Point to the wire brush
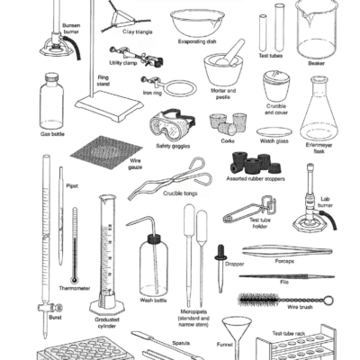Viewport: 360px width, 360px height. (274, 299)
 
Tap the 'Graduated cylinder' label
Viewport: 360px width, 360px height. (112, 321)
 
